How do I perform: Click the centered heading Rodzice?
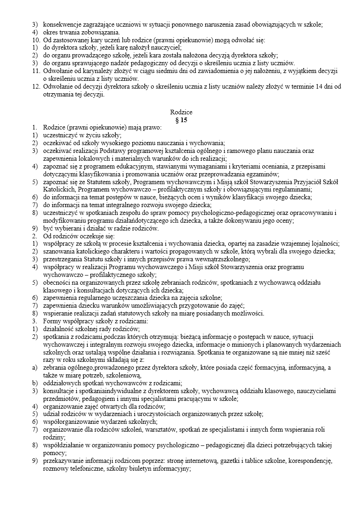point(181,112)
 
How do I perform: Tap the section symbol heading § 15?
point(181,119)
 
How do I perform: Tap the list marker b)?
point(34,383)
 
